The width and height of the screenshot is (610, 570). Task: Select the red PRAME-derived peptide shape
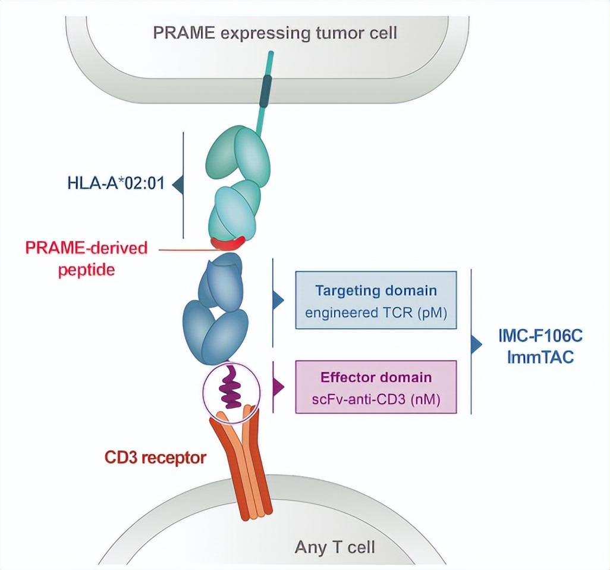[229, 243]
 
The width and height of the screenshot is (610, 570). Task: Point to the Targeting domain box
[376, 300]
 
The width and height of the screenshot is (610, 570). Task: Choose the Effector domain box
[376, 387]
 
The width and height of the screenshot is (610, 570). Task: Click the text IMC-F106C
[540, 337]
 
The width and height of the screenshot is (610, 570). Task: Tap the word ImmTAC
[540, 358]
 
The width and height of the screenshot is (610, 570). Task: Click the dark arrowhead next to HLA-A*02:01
[177, 185]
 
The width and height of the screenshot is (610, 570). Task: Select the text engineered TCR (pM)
[376, 311]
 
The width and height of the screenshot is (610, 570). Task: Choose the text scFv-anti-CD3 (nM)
[376, 399]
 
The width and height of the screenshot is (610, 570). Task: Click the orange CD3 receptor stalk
[250, 470]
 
